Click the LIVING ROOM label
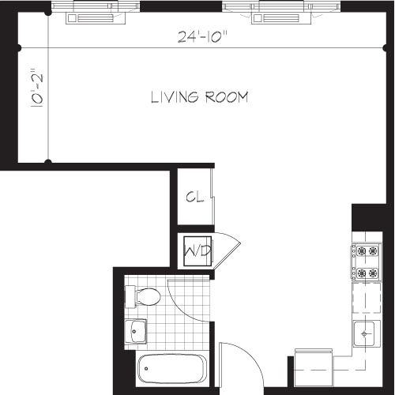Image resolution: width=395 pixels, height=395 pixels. tap(200, 98)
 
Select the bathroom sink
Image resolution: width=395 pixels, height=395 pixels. tap(137, 332)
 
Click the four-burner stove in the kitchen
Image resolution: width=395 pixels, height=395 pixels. tap(365, 262)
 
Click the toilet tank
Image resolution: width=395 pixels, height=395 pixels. tap(130, 296)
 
